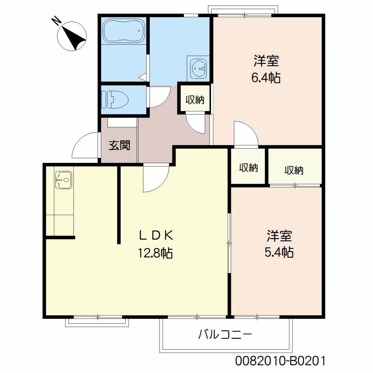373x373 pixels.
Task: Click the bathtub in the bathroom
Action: [x=124, y=31]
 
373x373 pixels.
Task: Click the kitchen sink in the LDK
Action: [x=63, y=180]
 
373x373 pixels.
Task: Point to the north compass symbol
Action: [x=72, y=36]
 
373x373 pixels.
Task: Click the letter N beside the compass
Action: [x=57, y=21]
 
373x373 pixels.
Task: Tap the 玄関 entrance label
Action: [x=119, y=145]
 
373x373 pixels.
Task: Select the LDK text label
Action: [x=156, y=235]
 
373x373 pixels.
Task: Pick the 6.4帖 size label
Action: [x=266, y=77]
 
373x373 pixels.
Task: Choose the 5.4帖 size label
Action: [x=279, y=252]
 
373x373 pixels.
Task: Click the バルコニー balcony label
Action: [x=225, y=334]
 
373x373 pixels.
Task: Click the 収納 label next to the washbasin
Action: [x=195, y=100]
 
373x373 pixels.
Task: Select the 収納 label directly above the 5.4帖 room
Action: [x=294, y=170]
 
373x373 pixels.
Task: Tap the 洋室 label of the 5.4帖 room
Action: [x=279, y=235]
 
